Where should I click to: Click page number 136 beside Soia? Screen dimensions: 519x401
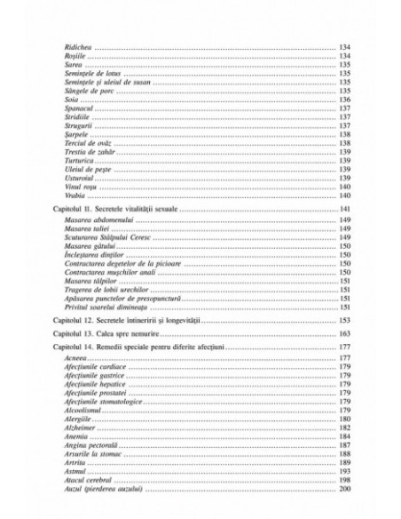coord(345,100)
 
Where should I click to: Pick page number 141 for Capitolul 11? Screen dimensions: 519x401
coord(345,208)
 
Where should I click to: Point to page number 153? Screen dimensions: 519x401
coord(345,318)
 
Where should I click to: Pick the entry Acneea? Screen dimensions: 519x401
coord(77,359)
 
